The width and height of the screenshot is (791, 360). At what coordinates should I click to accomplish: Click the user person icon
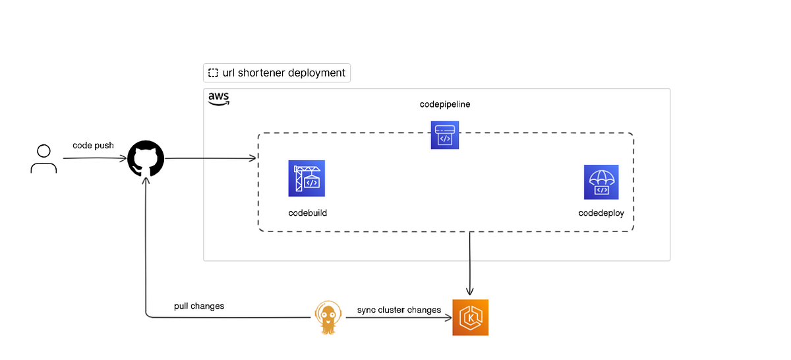click(44, 159)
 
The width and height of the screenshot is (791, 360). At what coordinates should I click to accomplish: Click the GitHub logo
click(145, 159)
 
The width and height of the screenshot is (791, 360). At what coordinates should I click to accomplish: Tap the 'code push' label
click(93, 145)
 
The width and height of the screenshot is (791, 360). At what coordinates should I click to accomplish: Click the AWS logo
click(219, 99)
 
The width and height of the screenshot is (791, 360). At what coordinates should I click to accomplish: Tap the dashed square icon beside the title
click(213, 73)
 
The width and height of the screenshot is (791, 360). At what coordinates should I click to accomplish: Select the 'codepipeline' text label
click(445, 104)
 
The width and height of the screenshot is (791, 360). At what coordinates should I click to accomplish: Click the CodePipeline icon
click(445, 135)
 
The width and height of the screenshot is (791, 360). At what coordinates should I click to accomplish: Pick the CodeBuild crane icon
click(307, 178)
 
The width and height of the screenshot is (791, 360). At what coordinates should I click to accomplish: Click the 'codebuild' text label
click(308, 213)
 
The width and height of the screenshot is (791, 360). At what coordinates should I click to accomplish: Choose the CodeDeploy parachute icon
click(601, 182)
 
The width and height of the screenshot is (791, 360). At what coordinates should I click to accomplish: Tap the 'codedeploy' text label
click(601, 213)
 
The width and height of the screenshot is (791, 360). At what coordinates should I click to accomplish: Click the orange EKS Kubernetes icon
click(470, 317)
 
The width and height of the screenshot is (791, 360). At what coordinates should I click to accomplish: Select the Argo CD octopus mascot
click(328, 317)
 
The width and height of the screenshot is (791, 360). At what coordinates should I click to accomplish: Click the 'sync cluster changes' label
click(399, 310)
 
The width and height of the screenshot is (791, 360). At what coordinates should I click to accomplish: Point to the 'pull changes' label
click(199, 306)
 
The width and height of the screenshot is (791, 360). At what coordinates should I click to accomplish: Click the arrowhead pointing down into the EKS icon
click(470, 292)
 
